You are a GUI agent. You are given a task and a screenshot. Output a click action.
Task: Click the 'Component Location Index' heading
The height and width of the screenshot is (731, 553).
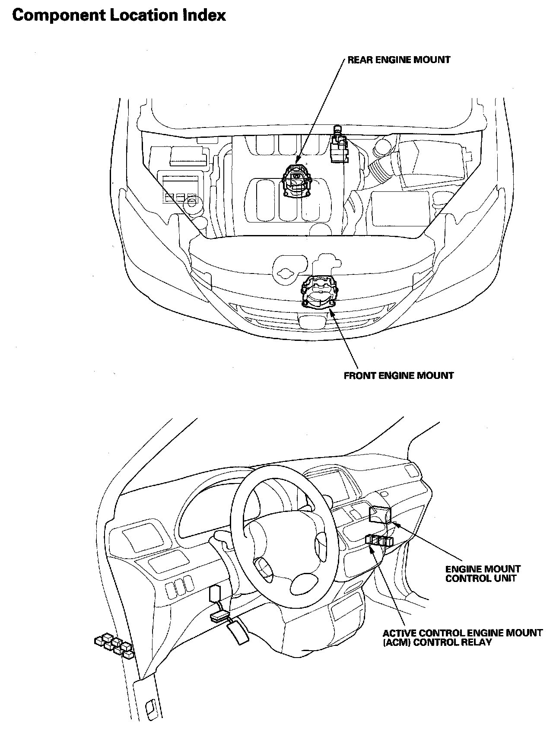pyautogui.click(x=119, y=16)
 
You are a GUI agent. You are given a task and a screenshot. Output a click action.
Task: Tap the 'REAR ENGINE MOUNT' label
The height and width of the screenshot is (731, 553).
pyautogui.click(x=399, y=60)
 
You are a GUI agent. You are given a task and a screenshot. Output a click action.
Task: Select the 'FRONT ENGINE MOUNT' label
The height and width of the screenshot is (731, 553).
pyautogui.click(x=398, y=375)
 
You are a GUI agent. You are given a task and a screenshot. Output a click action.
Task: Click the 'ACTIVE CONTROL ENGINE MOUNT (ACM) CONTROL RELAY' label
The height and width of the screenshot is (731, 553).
pyautogui.click(x=462, y=638)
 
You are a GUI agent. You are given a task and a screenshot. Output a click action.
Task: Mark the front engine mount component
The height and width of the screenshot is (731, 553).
pyautogui.click(x=319, y=293)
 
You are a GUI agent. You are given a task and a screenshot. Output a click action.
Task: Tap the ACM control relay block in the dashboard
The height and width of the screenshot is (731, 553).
pyautogui.click(x=379, y=540)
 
